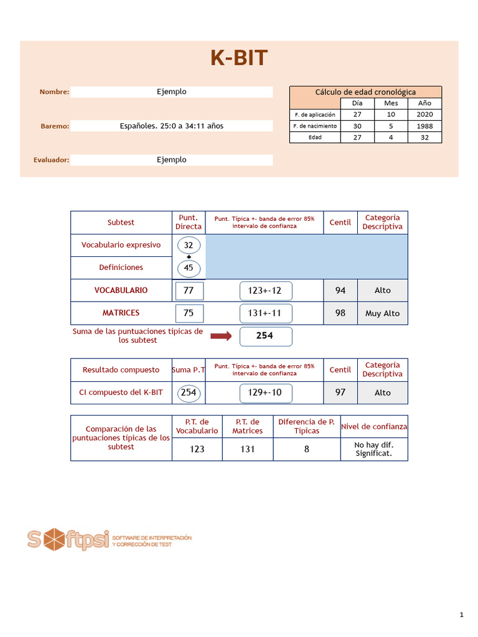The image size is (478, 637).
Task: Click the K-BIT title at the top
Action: (x=239, y=58)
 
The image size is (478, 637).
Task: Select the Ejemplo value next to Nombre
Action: (x=171, y=92)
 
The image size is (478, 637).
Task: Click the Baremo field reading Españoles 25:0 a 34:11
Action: (x=171, y=126)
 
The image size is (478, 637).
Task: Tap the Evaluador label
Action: (x=51, y=160)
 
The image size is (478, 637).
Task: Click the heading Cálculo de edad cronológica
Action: (x=365, y=92)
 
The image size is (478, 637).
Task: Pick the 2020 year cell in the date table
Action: (x=424, y=114)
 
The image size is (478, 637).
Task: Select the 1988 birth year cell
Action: (x=424, y=126)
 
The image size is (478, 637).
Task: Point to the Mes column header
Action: (x=391, y=103)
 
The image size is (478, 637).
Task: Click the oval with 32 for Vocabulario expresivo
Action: (x=189, y=245)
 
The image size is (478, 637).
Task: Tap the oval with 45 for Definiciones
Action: (x=189, y=267)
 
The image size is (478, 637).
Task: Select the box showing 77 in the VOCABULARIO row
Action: (x=189, y=291)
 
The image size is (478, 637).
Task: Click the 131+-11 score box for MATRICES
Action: (x=265, y=314)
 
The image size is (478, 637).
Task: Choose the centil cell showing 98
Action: (x=340, y=314)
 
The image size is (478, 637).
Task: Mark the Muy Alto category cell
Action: (x=383, y=314)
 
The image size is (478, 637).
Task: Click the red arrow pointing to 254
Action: (x=221, y=337)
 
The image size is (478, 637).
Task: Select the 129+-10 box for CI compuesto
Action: (x=265, y=393)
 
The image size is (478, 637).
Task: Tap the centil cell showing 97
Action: (x=340, y=393)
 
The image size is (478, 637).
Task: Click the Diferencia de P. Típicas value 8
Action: (x=306, y=449)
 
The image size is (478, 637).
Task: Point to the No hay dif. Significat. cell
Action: (x=373, y=449)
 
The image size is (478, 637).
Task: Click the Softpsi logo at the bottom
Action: (x=109, y=539)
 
